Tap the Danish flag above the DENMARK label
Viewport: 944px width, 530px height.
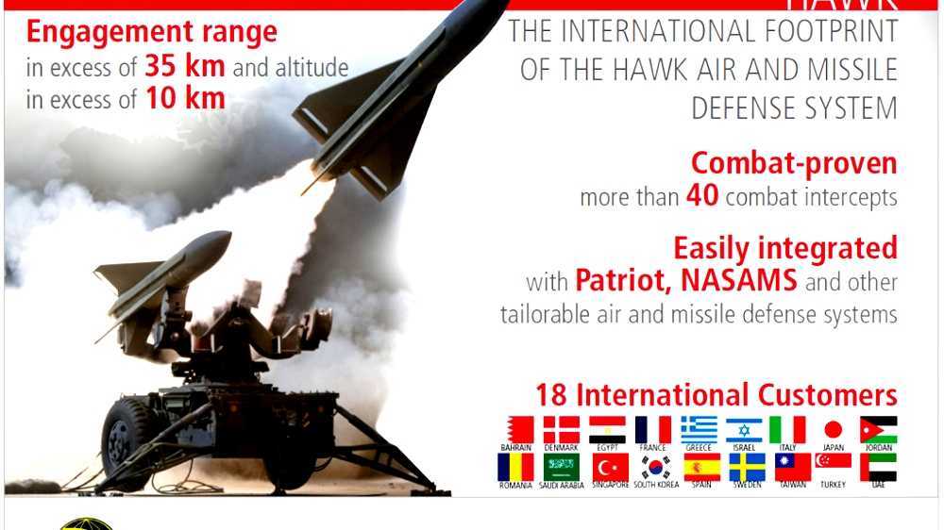point(562,429)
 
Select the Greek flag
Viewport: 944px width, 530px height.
point(700,429)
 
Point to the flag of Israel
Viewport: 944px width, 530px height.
point(745,429)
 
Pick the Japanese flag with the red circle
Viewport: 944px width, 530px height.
point(833,429)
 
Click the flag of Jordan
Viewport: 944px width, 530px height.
point(878,429)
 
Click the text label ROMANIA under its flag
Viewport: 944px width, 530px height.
point(515,486)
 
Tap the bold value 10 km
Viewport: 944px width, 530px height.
point(185,98)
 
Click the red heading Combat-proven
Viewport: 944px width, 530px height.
point(794,163)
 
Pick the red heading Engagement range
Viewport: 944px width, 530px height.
point(152,32)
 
